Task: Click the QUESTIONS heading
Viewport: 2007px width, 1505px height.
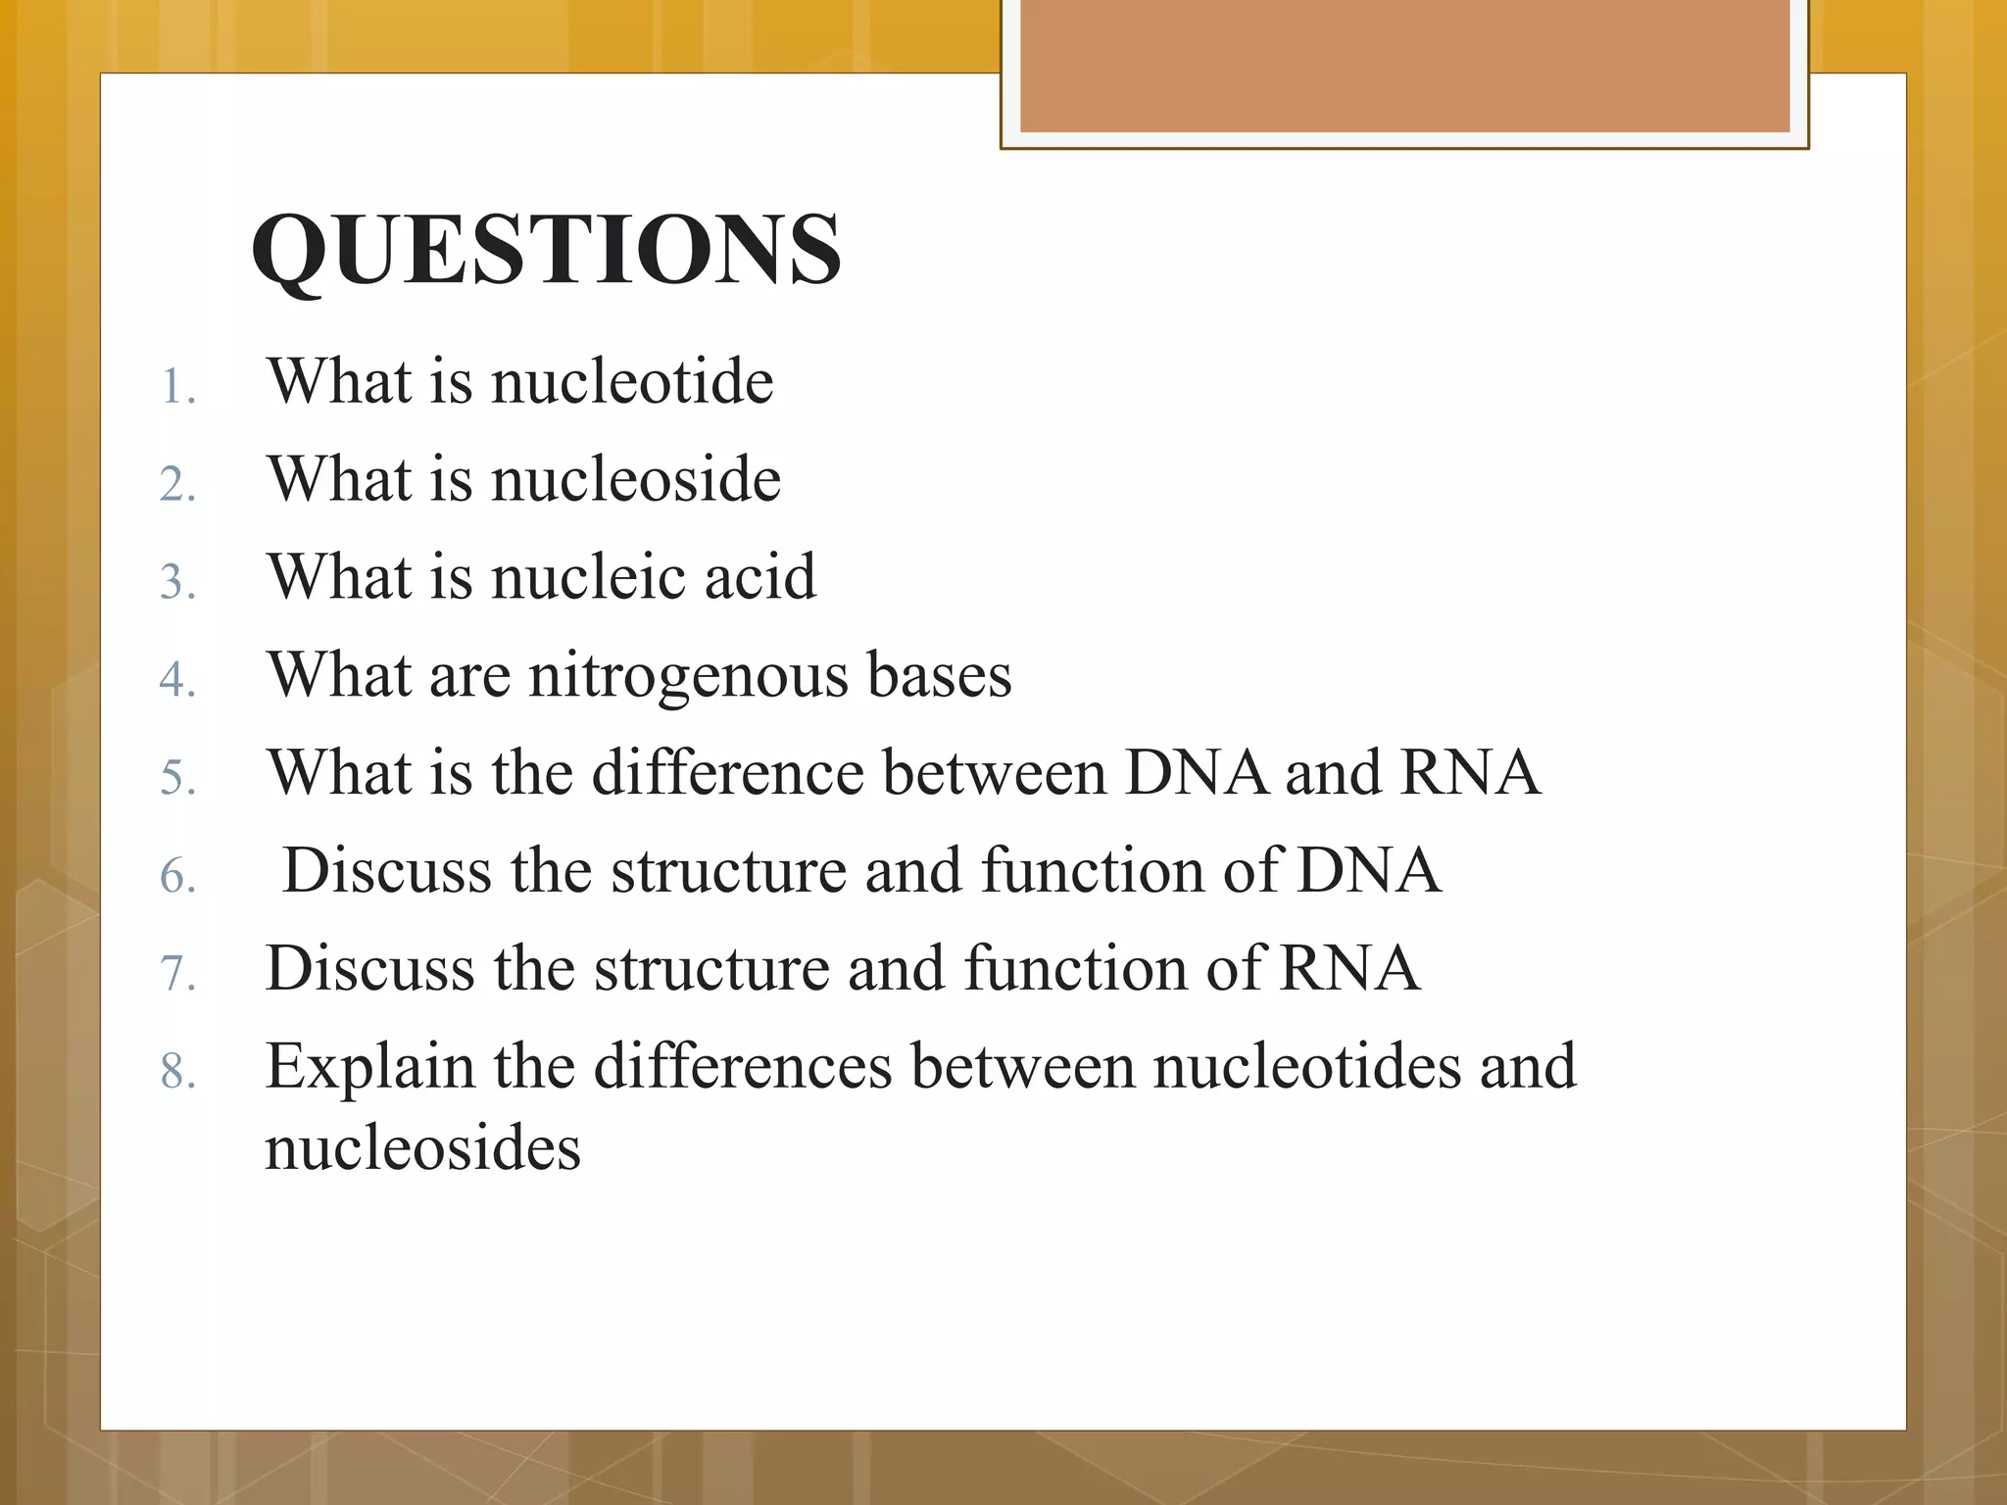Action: point(546,250)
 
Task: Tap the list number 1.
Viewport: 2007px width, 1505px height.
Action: point(177,387)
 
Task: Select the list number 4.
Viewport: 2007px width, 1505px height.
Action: point(177,679)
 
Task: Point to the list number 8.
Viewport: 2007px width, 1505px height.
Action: point(177,1070)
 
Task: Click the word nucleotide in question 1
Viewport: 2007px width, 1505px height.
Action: point(632,381)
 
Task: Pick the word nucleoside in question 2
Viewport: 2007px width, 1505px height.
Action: point(636,479)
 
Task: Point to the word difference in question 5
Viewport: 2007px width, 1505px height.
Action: point(728,772)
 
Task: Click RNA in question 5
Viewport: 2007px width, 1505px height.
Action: point(1470,772)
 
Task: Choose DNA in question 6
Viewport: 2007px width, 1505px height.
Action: point(1368,870)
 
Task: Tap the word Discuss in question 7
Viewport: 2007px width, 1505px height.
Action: point(370,968)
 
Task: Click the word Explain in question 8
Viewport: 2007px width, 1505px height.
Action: point(369,1068)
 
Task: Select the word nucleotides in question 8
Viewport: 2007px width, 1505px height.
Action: point(1306,1066)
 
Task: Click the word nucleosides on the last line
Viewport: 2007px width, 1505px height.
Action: point(422,1148)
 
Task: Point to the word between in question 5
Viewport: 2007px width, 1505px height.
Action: point(995,772)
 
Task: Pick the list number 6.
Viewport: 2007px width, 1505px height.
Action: point(177,875)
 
